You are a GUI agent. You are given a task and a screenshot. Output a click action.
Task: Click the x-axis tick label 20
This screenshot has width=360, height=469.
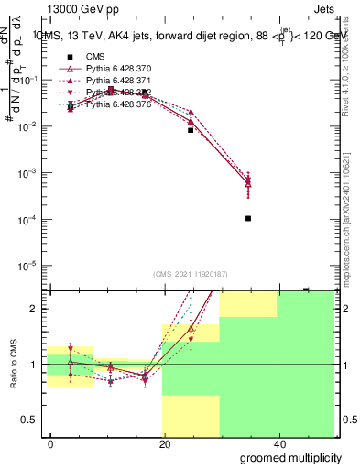tap(164, 442)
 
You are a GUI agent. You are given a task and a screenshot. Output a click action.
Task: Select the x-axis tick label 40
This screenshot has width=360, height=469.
tap(278, 442)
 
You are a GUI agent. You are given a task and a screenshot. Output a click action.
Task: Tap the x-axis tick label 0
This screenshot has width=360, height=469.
tap(51, 442)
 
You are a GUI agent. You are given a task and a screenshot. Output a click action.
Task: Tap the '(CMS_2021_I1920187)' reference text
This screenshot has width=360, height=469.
tap(190, 274)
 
